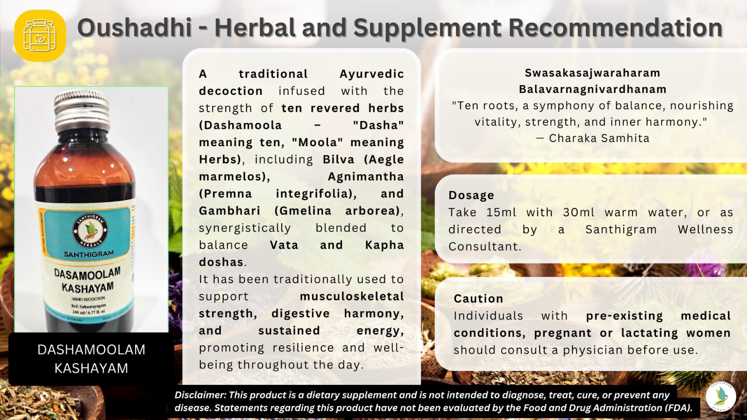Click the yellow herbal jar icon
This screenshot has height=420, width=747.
40,36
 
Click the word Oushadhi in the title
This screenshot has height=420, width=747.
135,28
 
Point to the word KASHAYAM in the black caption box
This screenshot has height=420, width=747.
91,368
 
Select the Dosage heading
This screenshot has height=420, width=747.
471,195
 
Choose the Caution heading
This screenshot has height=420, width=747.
478,299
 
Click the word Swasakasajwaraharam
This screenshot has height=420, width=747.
592,73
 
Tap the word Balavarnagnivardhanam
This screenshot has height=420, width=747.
592,89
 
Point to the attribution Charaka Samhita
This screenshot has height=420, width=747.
599,138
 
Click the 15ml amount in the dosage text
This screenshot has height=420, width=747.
501,213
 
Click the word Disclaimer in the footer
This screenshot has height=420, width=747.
199,395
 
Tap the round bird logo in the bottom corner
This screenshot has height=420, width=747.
721,396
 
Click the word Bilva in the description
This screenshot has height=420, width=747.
338,159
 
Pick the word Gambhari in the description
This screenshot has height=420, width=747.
229,211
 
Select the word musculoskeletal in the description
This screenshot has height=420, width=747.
352,296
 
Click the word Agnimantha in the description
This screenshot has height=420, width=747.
365,177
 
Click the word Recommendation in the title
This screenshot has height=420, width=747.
615,28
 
